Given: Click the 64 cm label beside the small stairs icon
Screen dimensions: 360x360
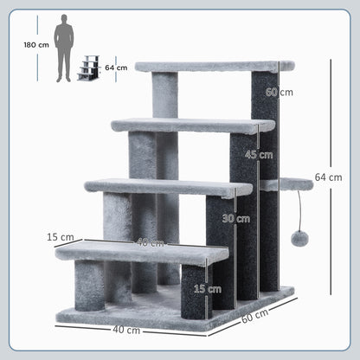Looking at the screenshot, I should point(115,67).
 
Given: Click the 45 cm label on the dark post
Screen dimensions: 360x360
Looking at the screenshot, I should point(259,155).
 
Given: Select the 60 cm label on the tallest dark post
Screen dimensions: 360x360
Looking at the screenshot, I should point(273,92).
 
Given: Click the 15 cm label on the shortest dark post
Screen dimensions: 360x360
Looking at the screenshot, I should point(200,288).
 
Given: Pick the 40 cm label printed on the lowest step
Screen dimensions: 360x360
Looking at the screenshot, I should point(150,243).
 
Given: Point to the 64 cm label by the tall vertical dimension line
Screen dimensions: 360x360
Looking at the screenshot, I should point(328,177).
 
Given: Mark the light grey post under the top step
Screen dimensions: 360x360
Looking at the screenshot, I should point(166,95).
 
